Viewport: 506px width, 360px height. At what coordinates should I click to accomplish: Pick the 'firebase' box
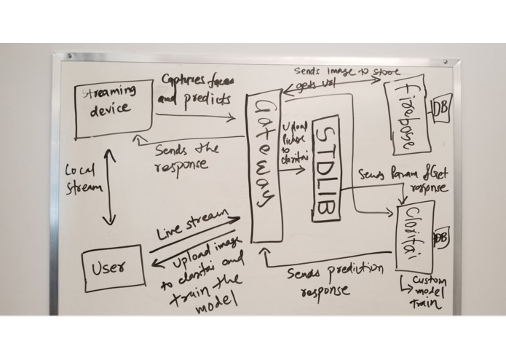click(x=406, y=114)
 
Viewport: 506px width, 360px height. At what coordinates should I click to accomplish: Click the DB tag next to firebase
click(x=441, y=109)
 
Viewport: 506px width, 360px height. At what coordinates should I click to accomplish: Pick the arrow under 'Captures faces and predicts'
click(x=194, y=115)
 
